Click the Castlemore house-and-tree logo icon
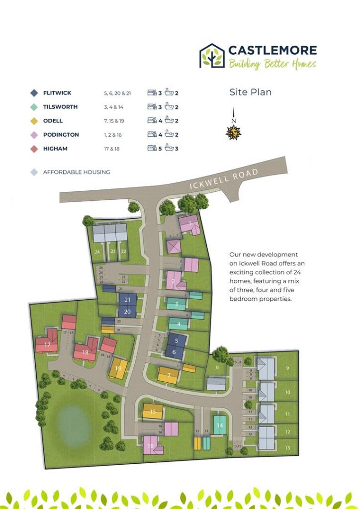tap(211, 55)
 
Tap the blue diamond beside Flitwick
tap(34, 93)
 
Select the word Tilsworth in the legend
tap(60, 107)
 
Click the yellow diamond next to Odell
tap(34, 121)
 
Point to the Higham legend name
tap(55, 149)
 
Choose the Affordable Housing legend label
tap(76, 172)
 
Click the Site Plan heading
tap(250, 92)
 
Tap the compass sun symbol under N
tap(233, 133)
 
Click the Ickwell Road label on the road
tap(224, 179)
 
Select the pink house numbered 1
tap(189, 225)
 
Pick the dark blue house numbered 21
tap(128, 300)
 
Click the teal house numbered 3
tap(176, 304)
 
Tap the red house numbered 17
tap(47, 344)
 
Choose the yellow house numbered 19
tap(118, 368)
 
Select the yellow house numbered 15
tap(153, 412)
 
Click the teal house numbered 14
tap(220, 425)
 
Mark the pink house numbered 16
tap(151, 445)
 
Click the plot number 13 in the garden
tap(287, 448)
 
